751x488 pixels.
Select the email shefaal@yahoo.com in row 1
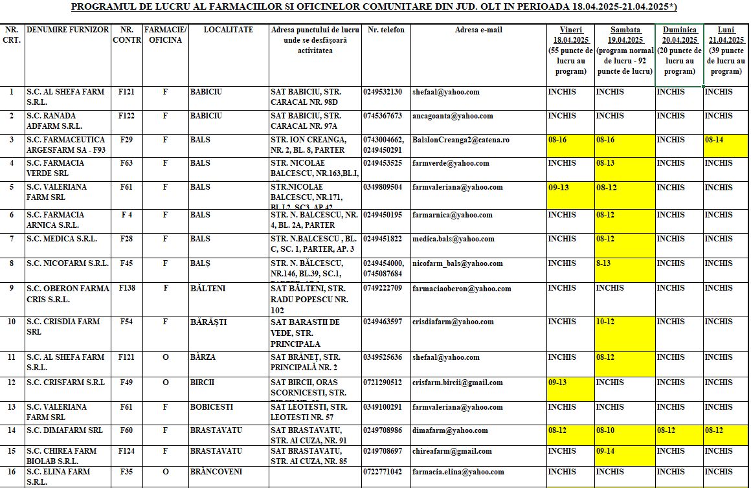446,92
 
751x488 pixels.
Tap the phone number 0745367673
382,116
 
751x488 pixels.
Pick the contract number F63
126,163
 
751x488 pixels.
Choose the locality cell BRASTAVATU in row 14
216,430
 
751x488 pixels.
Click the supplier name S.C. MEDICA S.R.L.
62,239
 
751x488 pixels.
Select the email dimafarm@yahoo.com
450,430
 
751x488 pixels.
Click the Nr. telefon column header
385,30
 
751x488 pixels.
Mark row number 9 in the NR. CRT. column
11,288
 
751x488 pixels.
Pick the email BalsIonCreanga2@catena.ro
461,140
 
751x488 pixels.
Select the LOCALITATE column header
228,30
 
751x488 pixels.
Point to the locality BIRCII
202,383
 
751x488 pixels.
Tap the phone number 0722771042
382,472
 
